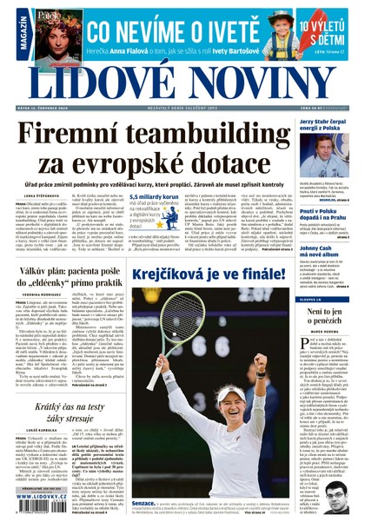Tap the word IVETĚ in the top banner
click(212, 32)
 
